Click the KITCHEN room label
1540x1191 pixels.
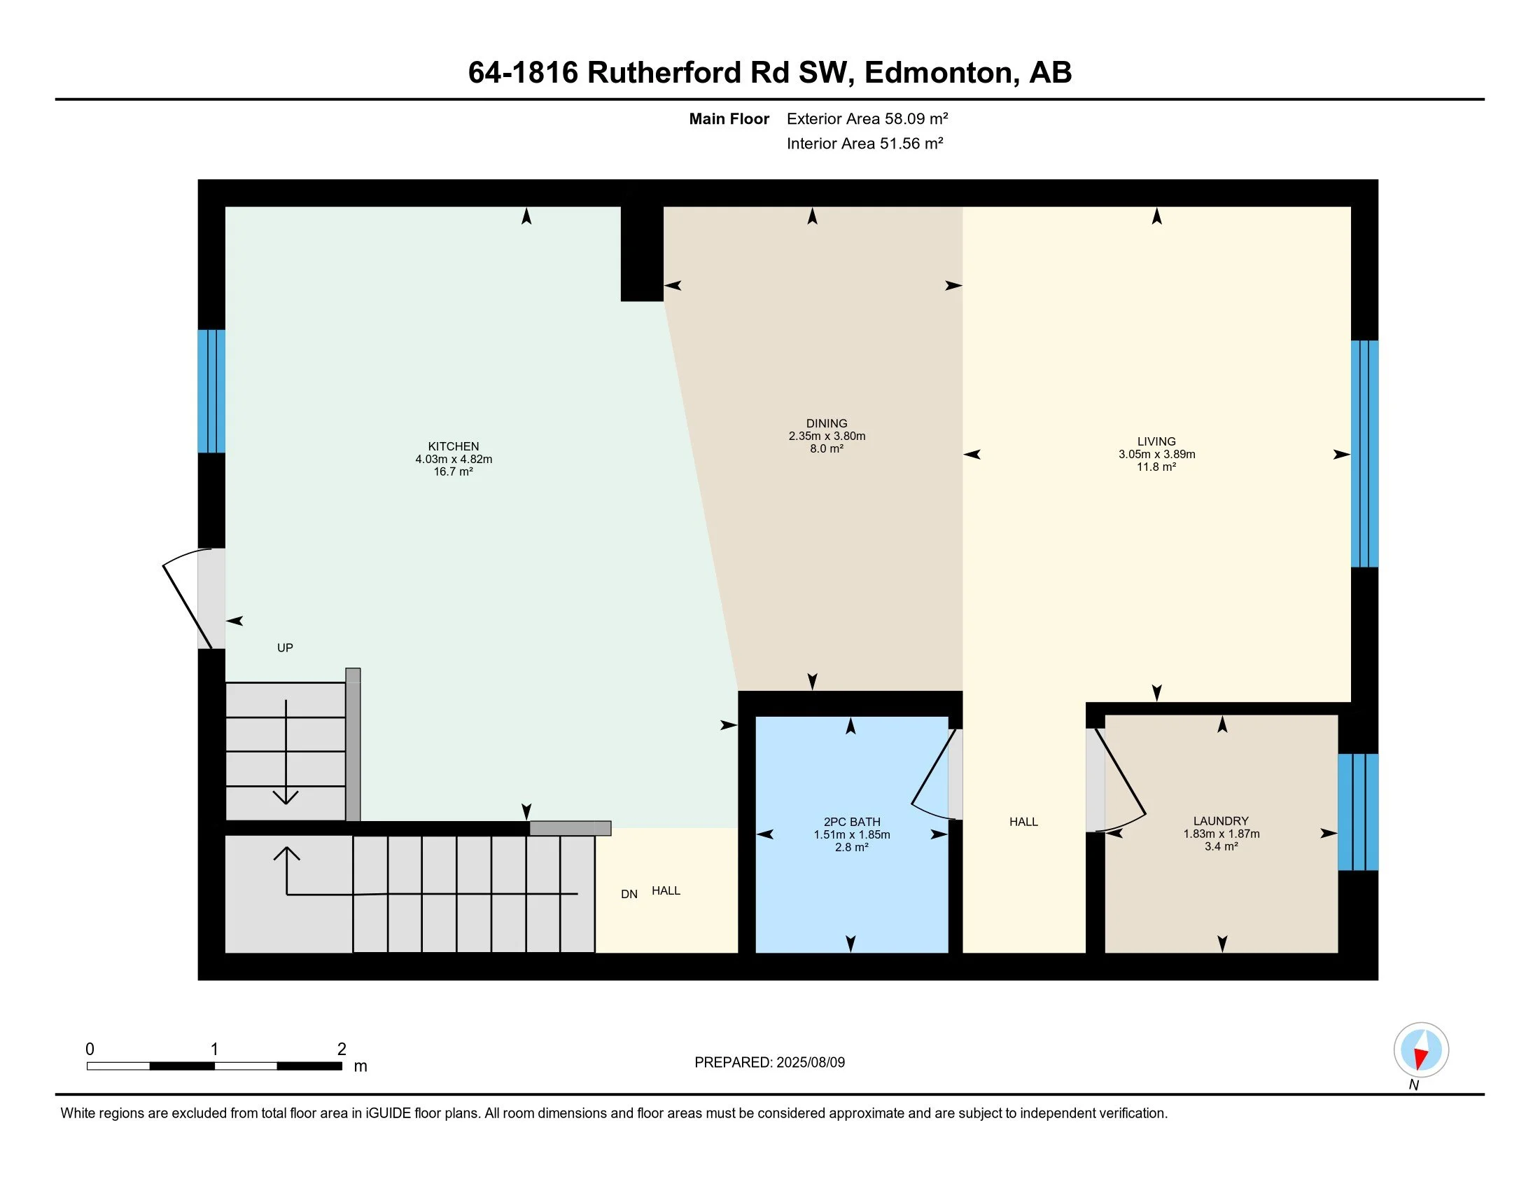pyautogui.click(x=454, y=446)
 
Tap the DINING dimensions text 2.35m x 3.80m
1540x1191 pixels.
pyautogui.click(x=827, y=436)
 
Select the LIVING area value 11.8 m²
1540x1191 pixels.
pyautogui.click(x=1156, y=467)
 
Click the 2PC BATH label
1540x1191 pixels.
pyautogui.click(x=852, y=821)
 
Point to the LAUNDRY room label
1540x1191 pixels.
pyautogui.click(x=1221, y=820)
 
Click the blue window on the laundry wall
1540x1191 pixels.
pyautogui.click(x=1357, y=812)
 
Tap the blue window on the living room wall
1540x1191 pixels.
pyautogui.click(x=1364, y=454)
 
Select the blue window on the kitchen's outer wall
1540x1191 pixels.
pyautogui.click(x=211, y=391)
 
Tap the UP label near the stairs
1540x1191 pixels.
pyautogui.click(x=285, y=648)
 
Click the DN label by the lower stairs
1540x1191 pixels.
pyautogui.click(x=629, y=894)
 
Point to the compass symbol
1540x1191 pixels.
pyautogui.click(x=1421, y=1049)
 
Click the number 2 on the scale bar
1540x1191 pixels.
pyautogui.click(x=342, y=1049)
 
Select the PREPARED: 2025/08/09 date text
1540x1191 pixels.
pyautogui.click(x=769, y=1063)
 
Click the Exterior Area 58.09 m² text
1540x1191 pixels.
pyautogui.click(x=867, y=118)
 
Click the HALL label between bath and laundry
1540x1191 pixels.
pyautogui.click(x=1023, y=821)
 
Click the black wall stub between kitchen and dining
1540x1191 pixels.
pyautogui.click(x=642, y=254)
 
